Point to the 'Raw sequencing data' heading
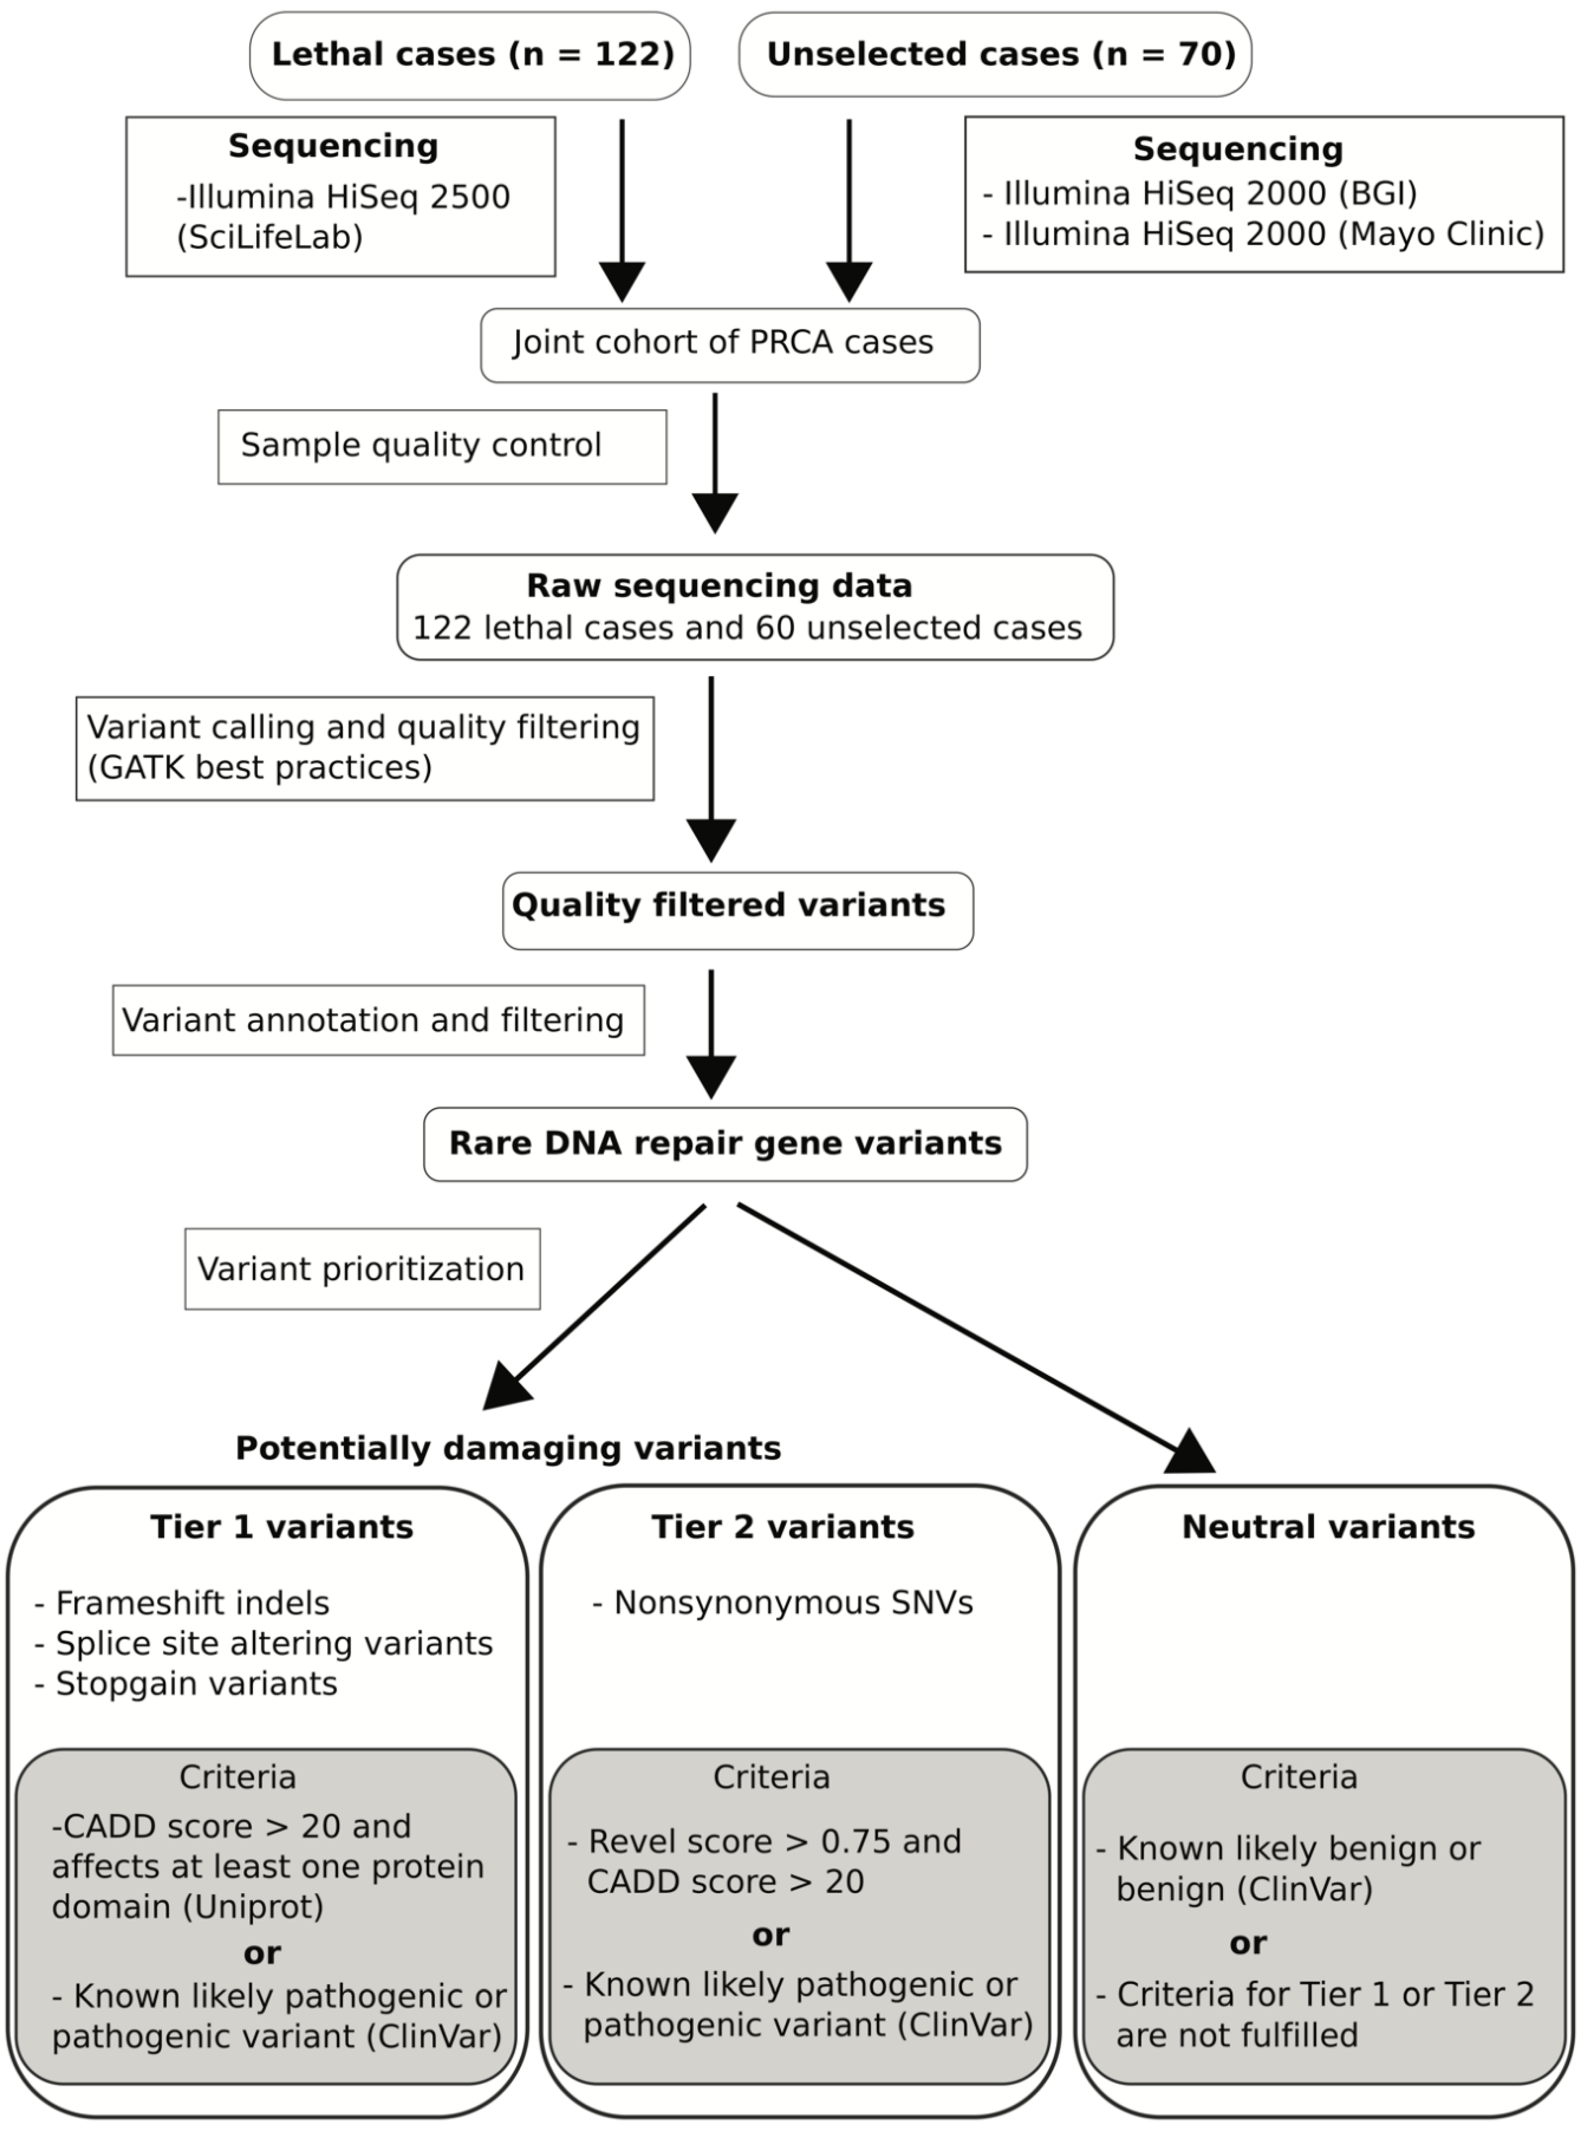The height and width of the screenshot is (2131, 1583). tap(719, 585)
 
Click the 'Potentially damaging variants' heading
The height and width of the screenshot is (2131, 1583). tap(508, 1448)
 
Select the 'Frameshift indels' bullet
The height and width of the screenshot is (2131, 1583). tap(191, 1603)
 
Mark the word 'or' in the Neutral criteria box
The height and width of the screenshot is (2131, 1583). tap(1248, 1943)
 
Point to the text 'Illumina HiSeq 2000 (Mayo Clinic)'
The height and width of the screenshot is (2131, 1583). tap(1272, 234)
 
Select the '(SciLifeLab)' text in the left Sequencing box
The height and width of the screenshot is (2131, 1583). tap(270, 237)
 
